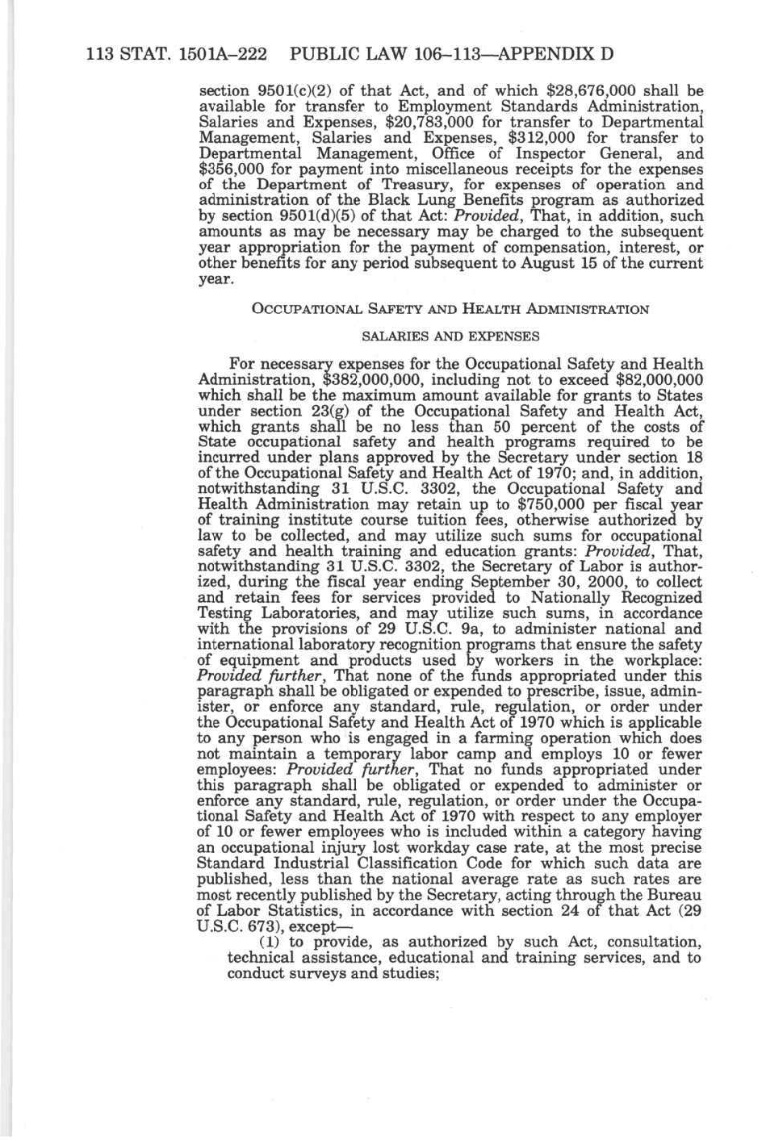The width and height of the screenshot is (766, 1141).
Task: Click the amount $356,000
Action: [x=234, y=169]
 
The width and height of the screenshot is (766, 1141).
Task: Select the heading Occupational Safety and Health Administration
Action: [x=450, y=309]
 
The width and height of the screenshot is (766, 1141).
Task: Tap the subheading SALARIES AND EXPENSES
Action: [x=450, y=336]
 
